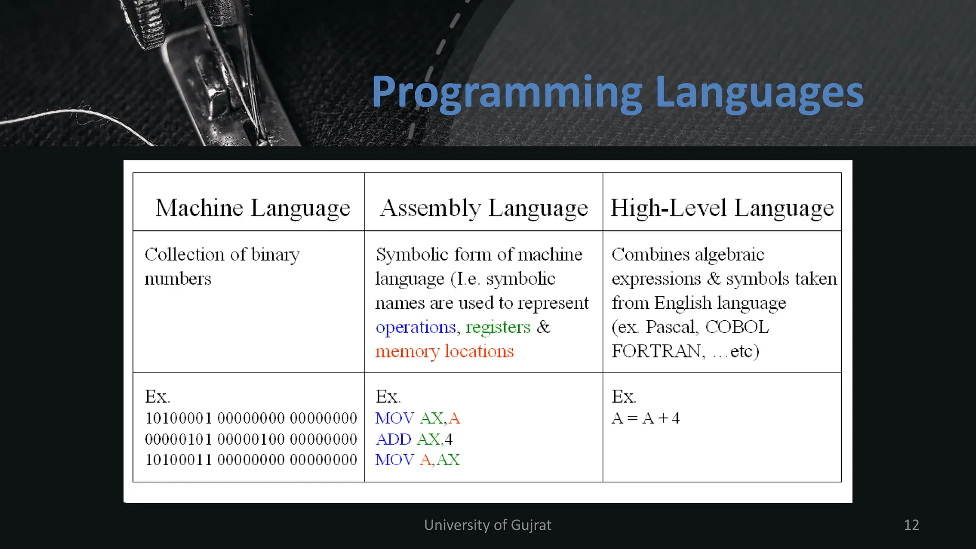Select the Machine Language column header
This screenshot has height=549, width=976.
point(253,208)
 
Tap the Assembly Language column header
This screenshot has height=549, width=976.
point(484,208)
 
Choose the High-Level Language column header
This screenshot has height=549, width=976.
point(722,208)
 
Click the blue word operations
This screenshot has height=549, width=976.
point(416,327)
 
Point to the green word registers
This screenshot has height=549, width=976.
point(498,327)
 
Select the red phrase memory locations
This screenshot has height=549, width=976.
point(444,351)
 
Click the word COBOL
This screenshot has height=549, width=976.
point(737,327)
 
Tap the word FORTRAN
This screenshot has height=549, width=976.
point(656,351)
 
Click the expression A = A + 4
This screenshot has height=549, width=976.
point(646,418)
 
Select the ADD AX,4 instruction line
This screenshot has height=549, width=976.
point(414,439)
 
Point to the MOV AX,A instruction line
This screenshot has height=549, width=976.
point(417,418)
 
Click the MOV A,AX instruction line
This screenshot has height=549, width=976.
point(417,460)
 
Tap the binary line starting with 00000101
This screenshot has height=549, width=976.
point(251,439)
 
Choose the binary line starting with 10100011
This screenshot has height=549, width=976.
point(251,460)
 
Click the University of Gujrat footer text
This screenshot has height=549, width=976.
point(488,525)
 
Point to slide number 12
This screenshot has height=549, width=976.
point(911,525)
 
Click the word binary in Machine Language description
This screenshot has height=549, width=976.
point(275,255)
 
